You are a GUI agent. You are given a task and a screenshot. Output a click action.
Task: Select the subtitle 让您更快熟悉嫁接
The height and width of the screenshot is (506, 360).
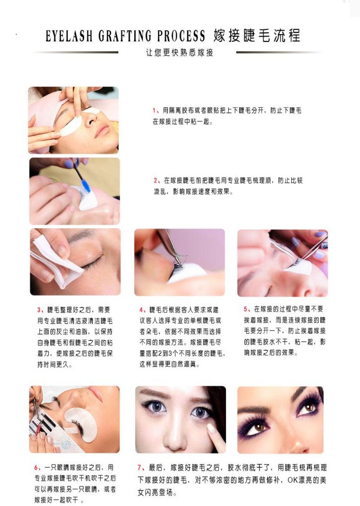pyautogui.click(x=179, y=53)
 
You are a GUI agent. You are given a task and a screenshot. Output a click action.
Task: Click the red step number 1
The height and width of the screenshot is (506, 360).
pyautogui.click(x=154, y=110)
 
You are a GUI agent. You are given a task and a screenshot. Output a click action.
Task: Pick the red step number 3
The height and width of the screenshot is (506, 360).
pyautogui.click(x=39, y=310)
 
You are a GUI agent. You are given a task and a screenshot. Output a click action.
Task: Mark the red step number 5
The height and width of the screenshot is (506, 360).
pyautogui.click(x=246, y=309)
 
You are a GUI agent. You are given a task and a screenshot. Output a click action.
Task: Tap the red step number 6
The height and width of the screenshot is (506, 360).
pyautogui.click(x=36, y=467)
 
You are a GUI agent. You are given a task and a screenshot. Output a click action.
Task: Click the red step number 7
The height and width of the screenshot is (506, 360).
pyautogui.click(x=139, y=468)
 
